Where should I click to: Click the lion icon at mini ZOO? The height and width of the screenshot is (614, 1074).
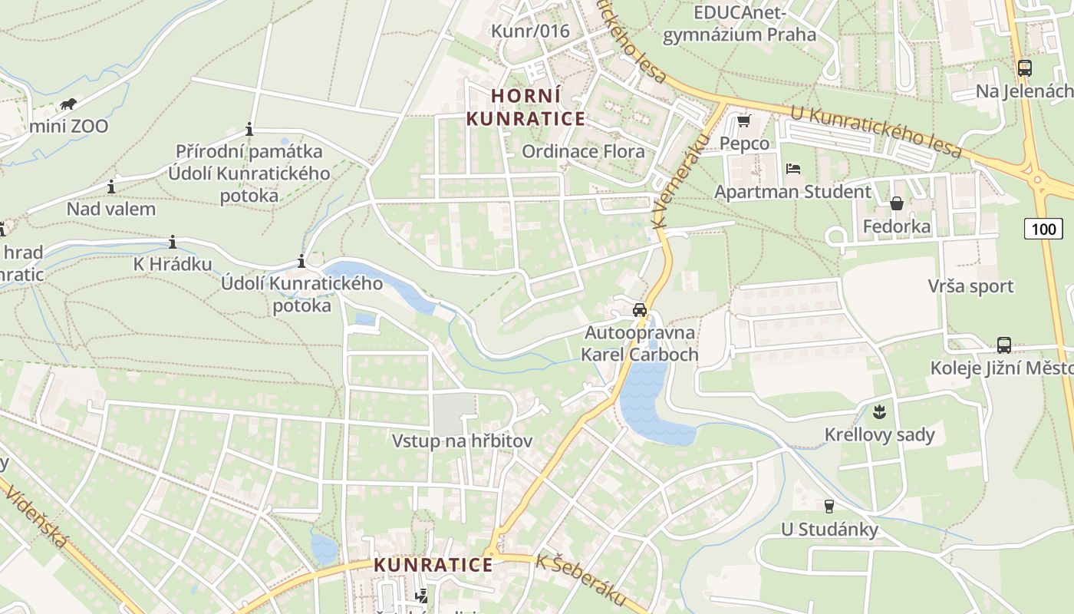pyautogui.click(x=68, y=104)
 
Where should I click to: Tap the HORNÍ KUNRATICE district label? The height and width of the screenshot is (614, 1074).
pyautogui.click(x=525, y=107)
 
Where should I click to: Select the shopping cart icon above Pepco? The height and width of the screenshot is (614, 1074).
pyautogui.click(x=743, y=121)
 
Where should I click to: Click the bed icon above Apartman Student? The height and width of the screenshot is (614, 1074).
pyautogui.click(x=792, y=168)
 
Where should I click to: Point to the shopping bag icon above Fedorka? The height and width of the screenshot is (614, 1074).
pyautogui.click(x=896, y=203)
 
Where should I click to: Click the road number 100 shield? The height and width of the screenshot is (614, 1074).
pyautogui.click(x=1043, y=228)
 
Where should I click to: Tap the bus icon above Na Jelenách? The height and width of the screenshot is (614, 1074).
pyautogui.click(x=1024, y=68)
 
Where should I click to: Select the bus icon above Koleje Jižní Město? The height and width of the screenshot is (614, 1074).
pyautogui.click(x=1003, y=345)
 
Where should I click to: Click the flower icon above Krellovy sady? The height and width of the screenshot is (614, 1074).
pyautogui.click(x=880, y=411)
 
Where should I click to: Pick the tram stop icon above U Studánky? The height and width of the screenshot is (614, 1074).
pyautogui.click(x=829, y=506)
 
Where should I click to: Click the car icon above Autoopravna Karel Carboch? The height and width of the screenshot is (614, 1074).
pyautogui.click(x=639, y=310)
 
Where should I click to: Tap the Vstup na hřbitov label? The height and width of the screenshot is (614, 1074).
pyautogui.click(x=462, y=441)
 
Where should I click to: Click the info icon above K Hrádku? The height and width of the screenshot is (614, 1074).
pyautogui.click(x=173, y=242)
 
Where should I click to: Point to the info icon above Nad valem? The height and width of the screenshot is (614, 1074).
pyautogui.click(x=111, y=187)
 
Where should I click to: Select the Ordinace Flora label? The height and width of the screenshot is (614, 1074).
pyautogui.click(x=583, y=151)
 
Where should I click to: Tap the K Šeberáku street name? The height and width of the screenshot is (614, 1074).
pyautogui.click(x=581, y=581)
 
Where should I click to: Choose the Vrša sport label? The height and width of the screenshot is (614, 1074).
pyautogui.click(x=970, y=286)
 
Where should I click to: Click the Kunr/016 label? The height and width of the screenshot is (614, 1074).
pyautogui.click(x=530, y=31)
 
